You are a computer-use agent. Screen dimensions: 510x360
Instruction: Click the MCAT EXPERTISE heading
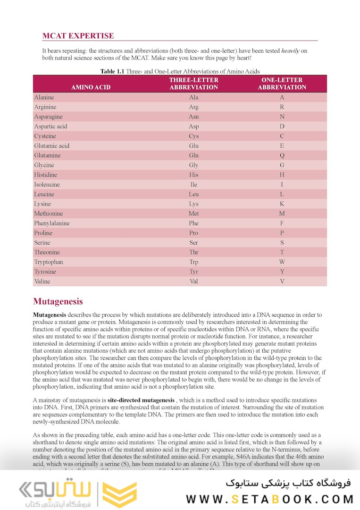pos(78,36)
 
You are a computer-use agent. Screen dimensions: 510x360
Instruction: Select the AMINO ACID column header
pos(91,87)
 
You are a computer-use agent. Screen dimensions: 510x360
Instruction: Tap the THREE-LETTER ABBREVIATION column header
pos(193,84)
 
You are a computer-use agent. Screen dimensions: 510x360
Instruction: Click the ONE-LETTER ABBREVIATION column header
pos(282,84)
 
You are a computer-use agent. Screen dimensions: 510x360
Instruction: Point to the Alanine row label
pos(44,97)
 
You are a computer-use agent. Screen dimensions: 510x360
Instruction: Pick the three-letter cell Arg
pos(193,107)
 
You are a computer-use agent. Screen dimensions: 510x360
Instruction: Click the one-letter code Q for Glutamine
pos(282,155)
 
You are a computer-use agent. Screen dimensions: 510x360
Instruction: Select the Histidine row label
pos(45,175)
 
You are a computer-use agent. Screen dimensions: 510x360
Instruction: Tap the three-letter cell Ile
pos(193,185)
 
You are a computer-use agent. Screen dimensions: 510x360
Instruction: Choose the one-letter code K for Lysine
pos(282,204)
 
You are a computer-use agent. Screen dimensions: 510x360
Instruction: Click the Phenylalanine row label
pos(51,223)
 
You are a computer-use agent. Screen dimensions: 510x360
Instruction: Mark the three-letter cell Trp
pos(193,262)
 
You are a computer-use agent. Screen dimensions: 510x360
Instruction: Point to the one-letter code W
pos(282,262)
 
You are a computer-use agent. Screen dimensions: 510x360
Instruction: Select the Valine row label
pos(42,281)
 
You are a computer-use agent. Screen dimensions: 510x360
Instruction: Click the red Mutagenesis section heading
pos(58,302)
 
